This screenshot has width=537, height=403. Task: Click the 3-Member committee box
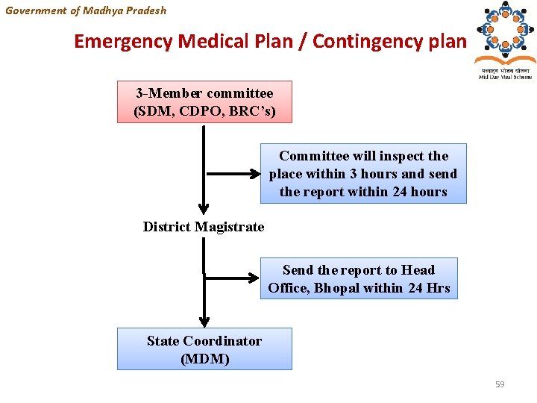point(204,102)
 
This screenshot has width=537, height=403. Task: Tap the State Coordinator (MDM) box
point(204,349)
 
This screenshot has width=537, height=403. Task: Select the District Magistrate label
point(204,227)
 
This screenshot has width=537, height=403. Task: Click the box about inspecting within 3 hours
point(363,174)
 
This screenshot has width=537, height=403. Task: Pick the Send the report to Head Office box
point(359,278)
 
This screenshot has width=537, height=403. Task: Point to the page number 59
point(500,384)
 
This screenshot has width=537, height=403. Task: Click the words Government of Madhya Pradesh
point(86,10)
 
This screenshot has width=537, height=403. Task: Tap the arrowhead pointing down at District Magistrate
point(204,210)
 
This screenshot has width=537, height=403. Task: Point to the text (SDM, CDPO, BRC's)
point(204,112)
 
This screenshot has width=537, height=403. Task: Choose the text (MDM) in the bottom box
point(204,359)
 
